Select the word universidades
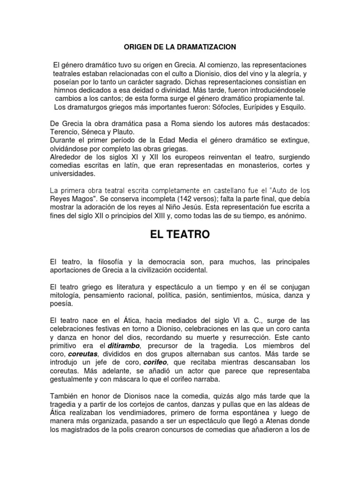click(x=72, y=174)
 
